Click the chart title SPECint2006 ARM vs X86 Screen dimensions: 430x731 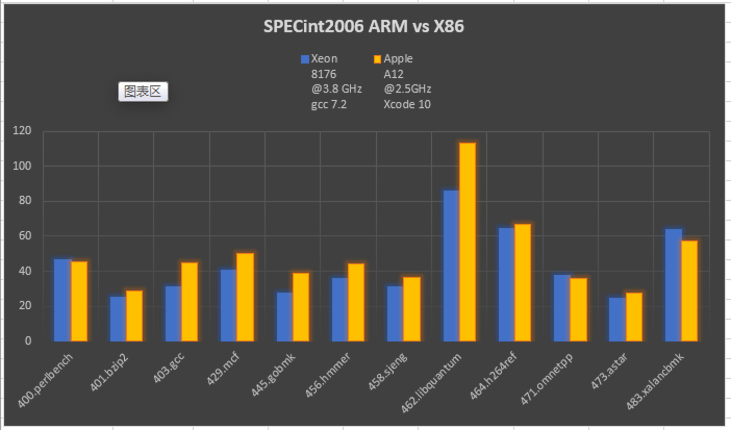tap(363, 27)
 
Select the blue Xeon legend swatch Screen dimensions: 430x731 tap(305, 59)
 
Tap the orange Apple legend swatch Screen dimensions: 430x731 tap(377, 59)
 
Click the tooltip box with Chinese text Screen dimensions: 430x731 tap(143, 92)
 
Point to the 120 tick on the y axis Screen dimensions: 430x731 tap(22, 131)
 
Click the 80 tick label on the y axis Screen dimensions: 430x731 tap(24, 201)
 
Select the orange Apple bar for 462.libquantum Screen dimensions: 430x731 tap(467, 242)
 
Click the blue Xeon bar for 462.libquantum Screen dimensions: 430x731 tap(451, 265)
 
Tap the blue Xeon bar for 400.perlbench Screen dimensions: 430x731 tap(62, 300)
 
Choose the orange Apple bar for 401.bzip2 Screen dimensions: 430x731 tap(134, 316)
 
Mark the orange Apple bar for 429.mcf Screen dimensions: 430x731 tap(245, 297)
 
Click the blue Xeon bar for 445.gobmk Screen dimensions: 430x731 tap(284, 317)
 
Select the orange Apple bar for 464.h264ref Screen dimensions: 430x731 tap(523, 283)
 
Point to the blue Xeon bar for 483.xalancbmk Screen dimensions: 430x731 tap(673, 285)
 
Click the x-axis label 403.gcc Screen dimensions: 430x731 tap(169, 368)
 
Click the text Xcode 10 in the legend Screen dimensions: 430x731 tap(407, 105)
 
